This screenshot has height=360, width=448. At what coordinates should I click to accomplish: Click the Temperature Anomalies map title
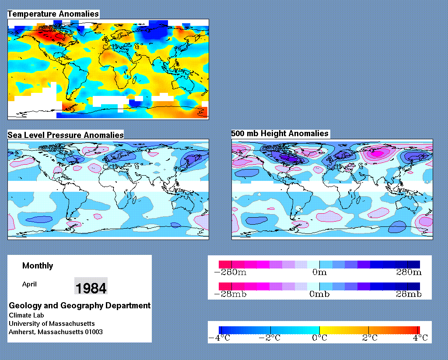pyautogui.click(x=53, y=14)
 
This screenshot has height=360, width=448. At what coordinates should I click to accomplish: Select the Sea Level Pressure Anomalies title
pyautogui.click(x=66, y=135)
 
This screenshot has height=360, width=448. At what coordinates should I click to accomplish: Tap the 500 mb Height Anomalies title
pyautogui.click(x=280, y=134)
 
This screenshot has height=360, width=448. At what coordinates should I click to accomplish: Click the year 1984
pyautogui.click(x=91, y=288)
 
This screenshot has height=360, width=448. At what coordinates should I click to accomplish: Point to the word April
pyautogui.click(x=29, y=285)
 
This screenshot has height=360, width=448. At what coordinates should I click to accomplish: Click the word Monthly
pyautogui.click(x=38, y=266)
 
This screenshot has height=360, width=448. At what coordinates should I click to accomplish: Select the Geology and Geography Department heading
pyautogui.click(x=80, y=306)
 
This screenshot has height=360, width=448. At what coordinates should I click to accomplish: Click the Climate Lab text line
pyautogui.click(x=26, y=315)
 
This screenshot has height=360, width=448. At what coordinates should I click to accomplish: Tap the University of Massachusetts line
pyautogui.click(x=52, y=324)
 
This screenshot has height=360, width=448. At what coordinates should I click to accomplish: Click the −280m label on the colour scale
pyautogui.click(x=230, y=272)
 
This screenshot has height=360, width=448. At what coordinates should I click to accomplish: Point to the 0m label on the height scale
pyautogui.click(x=319, y=272)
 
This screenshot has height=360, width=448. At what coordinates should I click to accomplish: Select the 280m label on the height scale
pyautogui.click(x=409, y=272)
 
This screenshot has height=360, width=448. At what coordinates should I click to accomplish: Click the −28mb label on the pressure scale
pyautogui.click(x=230, y=294)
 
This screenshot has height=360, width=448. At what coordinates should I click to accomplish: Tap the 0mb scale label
pyautogui.click(x=319, y=294)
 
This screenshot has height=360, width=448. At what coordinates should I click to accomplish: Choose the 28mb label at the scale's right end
pyautogui.click(x=409, y=294)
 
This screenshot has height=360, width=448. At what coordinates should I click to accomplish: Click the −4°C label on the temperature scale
pyautogui.click(x=220, y=338)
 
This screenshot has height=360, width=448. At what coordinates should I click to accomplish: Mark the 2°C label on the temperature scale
pyautogui.click(x=370, y=338)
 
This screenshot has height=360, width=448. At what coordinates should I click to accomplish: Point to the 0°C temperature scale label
pyautogui.click(x=319, y=338)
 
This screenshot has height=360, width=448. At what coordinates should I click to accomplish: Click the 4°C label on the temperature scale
pyautogui.click(x=420, y=338)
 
